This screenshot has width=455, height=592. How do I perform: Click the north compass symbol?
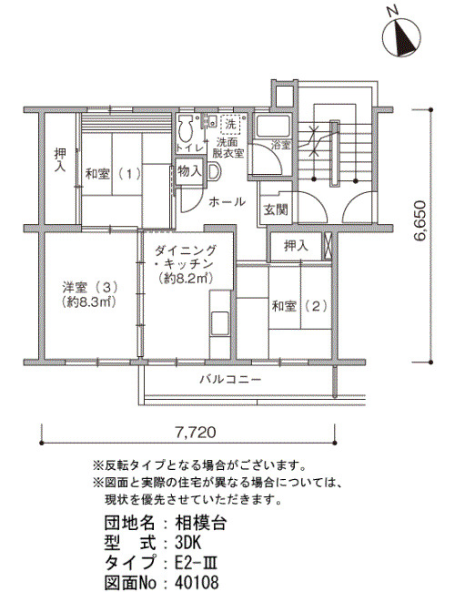pos(401,38)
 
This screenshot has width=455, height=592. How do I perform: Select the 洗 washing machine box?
pos(231,124)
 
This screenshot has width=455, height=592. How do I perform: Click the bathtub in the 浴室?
pos(273,127)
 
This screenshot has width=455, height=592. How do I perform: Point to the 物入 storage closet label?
pos(189,171)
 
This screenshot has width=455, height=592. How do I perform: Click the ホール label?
pos(227,201)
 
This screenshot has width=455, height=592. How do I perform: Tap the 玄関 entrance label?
pos(276,209)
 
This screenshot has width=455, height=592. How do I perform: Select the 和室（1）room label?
pos(113,174)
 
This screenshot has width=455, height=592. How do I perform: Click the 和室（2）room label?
pos(300,306)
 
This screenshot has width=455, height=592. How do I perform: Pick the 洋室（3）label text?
pos(90,288)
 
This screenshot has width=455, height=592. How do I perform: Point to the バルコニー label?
pos(230,379)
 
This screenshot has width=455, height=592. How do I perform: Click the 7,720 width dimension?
pos(196,432)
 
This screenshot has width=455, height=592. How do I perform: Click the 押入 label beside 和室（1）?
pos(60,159)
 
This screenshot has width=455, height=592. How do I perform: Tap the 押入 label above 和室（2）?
pos(296,246)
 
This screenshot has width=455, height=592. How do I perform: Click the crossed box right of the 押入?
pos(327,246)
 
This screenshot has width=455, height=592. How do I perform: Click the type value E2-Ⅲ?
pos(196,563)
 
